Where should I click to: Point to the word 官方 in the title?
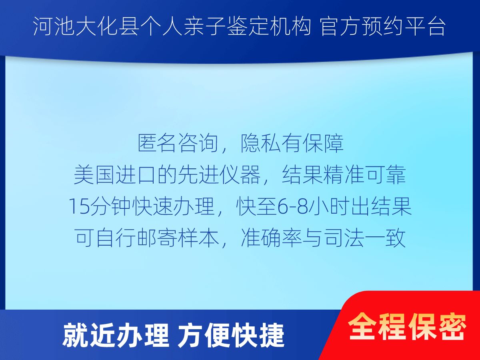click(x=340, y=26)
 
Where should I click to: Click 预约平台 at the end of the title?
click(x=404, y=26)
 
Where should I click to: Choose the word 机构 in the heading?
click(x=290, y=26)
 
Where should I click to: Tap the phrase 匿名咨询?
click(x=178, y=144)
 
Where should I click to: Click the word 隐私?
click(x=260, y=144)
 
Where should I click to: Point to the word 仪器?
click(x=240, y=175)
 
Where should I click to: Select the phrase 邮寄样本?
click(x=178, y=238)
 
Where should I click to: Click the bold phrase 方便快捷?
click(x=231, y=336)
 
